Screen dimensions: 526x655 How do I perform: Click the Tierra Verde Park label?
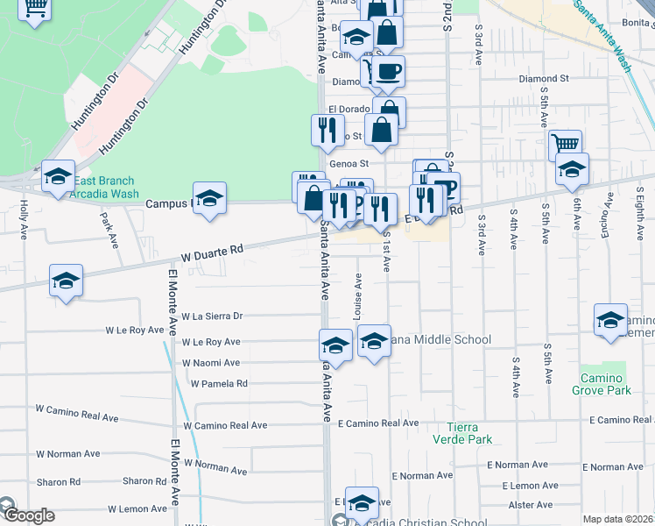(462, 433)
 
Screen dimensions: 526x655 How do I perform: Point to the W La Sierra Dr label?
(211, 316)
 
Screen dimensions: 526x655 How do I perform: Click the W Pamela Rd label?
(218, 383)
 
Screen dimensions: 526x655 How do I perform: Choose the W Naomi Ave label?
(210, 362)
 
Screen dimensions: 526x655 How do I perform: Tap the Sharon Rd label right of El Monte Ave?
(138, 481)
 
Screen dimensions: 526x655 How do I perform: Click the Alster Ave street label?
(531, 505)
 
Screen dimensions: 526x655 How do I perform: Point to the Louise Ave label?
(358, 296)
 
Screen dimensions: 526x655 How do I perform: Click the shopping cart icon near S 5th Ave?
(566, 143)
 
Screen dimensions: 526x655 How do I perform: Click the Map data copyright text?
(617, 519)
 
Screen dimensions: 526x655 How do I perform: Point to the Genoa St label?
(349, 163)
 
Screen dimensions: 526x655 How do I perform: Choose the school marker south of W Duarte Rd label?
(67, 281)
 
